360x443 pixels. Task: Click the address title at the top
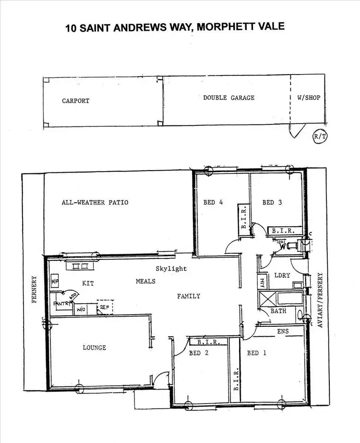pyautogui.click(x=175, y=26)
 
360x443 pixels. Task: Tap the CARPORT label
pyautogui.click(x=75, y=101)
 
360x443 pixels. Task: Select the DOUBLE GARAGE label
pyautogui.click(x=228, y=98)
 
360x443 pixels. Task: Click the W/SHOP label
pyautogui.click(x=309, y=98)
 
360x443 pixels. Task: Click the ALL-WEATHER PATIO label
pyautogui.click(x=95, y=202)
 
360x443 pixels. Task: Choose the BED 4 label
pyautogui.click(x=213, y=202)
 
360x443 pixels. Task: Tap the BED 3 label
pyautogui.click(x=272, y=202)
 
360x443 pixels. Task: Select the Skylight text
pyautogui.click(x=171, y=269)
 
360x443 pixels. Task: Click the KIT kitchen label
pyautogui.click(x=88, y=283)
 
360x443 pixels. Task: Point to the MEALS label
pyautogui.click(x=145, y=281)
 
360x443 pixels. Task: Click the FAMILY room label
pyautogui.click(x=188, y=296)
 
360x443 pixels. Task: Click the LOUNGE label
pyautogui.click(x=94, y=347)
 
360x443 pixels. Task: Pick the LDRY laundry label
pyautogui.click(x=282, y=275)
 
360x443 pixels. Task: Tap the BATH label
pyautogui.click(x=278, y=311)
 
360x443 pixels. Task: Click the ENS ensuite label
pyautogui.click(x=283, y=331)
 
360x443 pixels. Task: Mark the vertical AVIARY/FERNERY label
pyautogui.click(x=320, y=300)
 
